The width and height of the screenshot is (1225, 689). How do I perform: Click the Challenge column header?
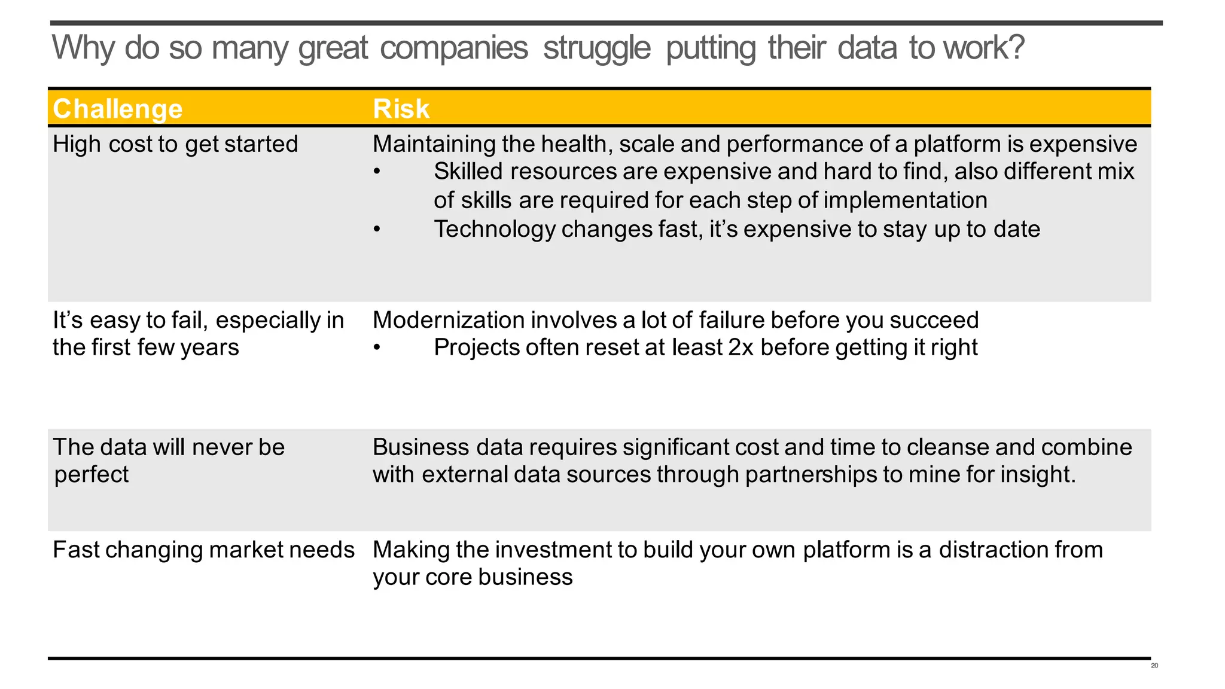click(x=117, y=109)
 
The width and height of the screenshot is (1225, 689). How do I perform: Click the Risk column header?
click(x=401, y=109)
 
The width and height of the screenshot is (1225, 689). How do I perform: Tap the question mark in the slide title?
click(x=1016, y=47)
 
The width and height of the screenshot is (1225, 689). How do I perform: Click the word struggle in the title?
click(x=596, y=48)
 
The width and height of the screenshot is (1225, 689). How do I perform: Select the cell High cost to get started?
click(x=175, y=144)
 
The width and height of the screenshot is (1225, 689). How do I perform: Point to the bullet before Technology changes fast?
click(x=377, y=230)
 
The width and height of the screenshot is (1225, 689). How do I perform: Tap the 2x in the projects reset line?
click(x=741, y=347)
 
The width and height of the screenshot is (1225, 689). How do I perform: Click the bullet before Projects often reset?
click(x=377, y=348)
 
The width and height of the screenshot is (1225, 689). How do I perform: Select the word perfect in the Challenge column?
click(x=92, y=475)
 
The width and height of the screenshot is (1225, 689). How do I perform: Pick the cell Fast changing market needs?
click(x=203, y=550)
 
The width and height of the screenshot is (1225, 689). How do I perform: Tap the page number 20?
click(x=1154, y=666)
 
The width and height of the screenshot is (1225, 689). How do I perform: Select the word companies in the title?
click(x=454, y=48)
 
